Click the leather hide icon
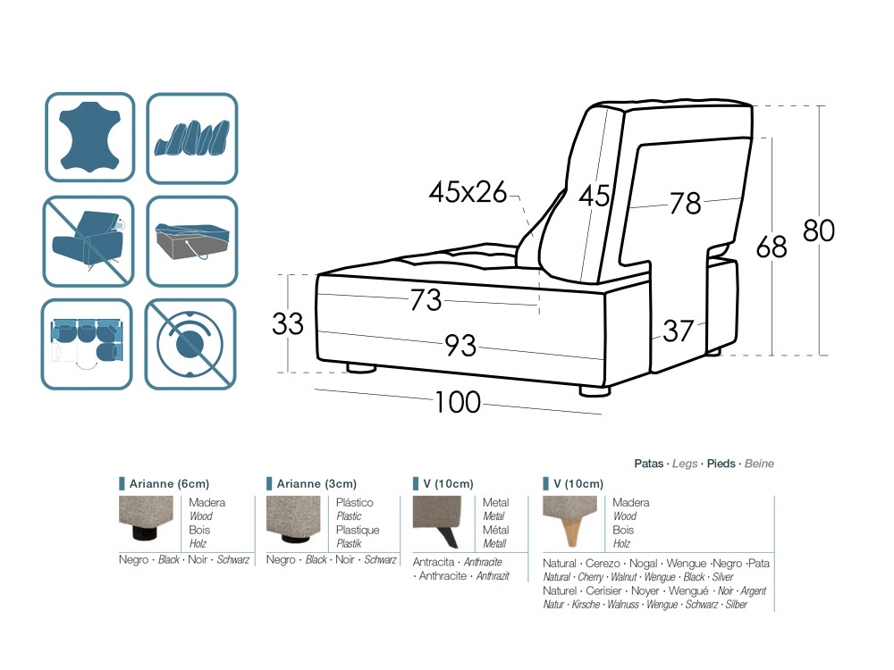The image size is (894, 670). tap(90, 138)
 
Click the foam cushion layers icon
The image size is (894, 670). tap(192, 138)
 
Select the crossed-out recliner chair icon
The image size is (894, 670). tap(89, 241)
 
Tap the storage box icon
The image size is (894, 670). tap(192, 241)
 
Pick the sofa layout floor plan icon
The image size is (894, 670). tap(87, 344)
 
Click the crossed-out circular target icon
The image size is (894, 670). tap(190, 344)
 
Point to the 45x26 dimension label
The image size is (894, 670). tap(468, 192)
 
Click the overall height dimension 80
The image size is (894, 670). tap(819, 230)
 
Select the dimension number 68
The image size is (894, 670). tap(772, 247)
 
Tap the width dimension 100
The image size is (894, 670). tap(458, 402)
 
